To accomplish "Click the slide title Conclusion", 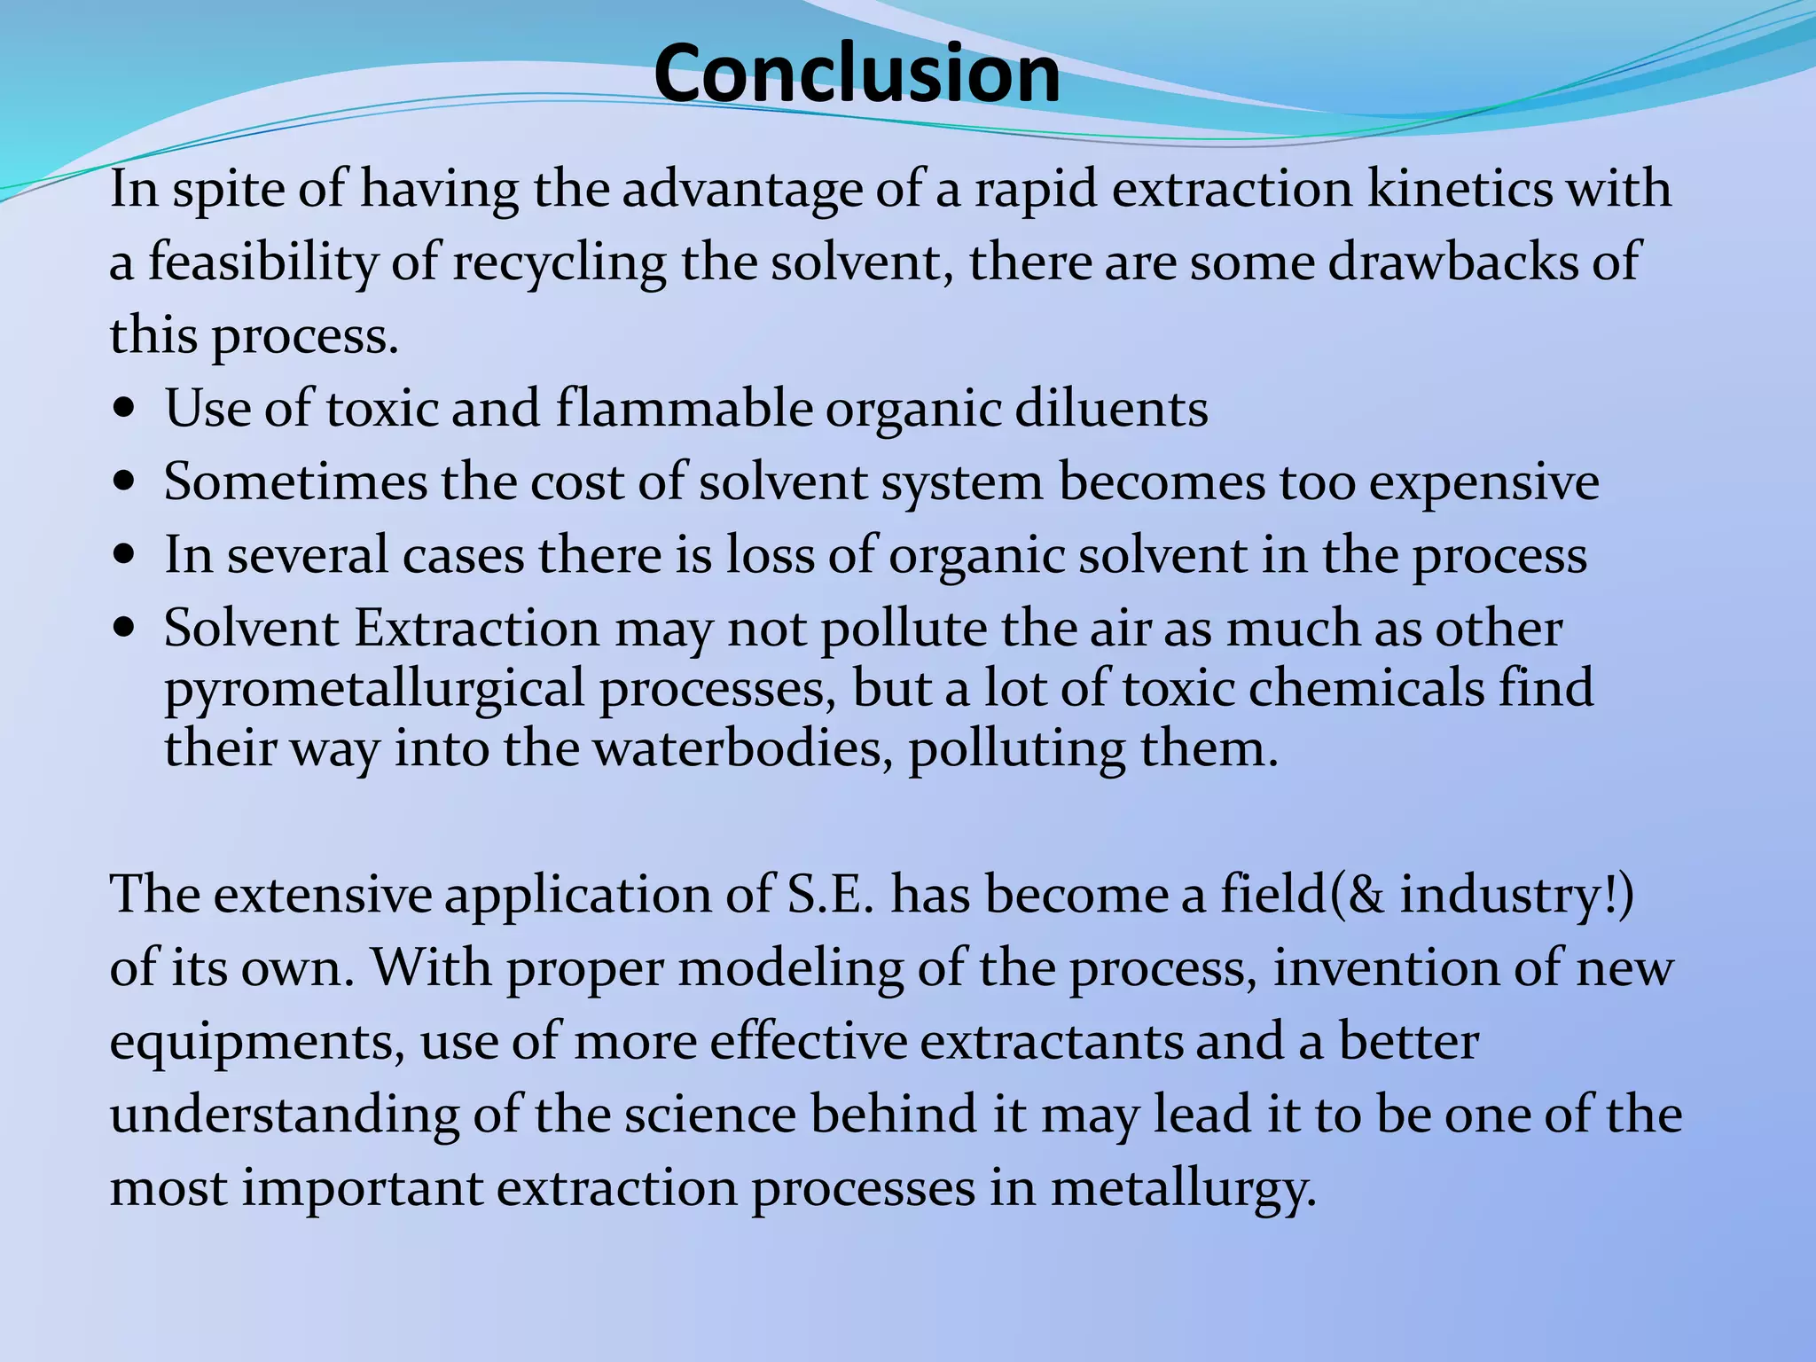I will pos(857,73).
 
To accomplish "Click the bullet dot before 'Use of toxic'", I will pos(125,411).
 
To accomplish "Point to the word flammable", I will pos(684,409).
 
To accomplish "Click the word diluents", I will pos(1111,409).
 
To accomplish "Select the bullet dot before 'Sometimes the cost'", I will pos(125,484).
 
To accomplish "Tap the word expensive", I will pos(1483,484).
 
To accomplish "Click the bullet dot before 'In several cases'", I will pos(125,557).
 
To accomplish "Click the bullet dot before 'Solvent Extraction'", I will pos(125,630).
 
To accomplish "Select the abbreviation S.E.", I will pos(831,894).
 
